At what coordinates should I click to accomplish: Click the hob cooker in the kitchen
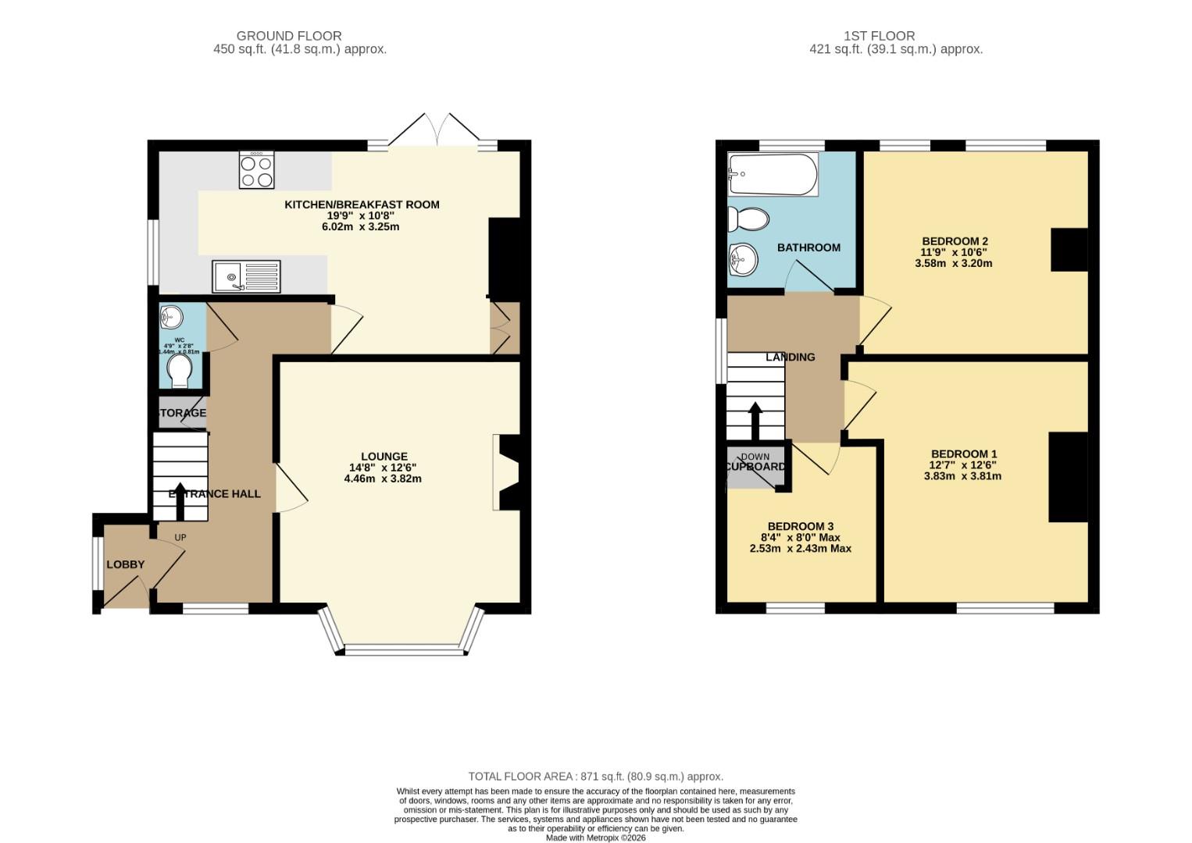[x=256, y=170]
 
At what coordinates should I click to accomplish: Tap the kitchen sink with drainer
[x=246, y=276]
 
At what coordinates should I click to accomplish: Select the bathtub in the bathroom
[x=773, y=175]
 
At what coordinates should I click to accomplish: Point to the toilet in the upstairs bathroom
[x=748, y=219]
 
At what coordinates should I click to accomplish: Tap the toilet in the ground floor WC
[x=180, y=371]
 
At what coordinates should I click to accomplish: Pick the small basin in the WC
[x=172, y=317]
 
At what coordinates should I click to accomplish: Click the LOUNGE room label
[x=384, y=457]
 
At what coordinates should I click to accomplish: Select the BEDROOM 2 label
[x=955, y=241]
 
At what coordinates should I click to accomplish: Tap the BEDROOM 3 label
[x=800, y=526]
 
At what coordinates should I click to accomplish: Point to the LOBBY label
[x=125, y=564]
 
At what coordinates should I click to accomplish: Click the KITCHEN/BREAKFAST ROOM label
[x=362, y=205]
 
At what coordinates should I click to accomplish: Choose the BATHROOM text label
[x=808, y=247]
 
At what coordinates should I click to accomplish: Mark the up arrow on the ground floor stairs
[x=180, y=506]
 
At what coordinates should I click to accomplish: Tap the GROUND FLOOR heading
[x=289, y=36]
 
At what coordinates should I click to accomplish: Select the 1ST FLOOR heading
[x=879, y=36]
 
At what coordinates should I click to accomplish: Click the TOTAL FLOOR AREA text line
[x=595, y=777]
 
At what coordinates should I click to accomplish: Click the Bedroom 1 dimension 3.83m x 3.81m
[x=962, y=476]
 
